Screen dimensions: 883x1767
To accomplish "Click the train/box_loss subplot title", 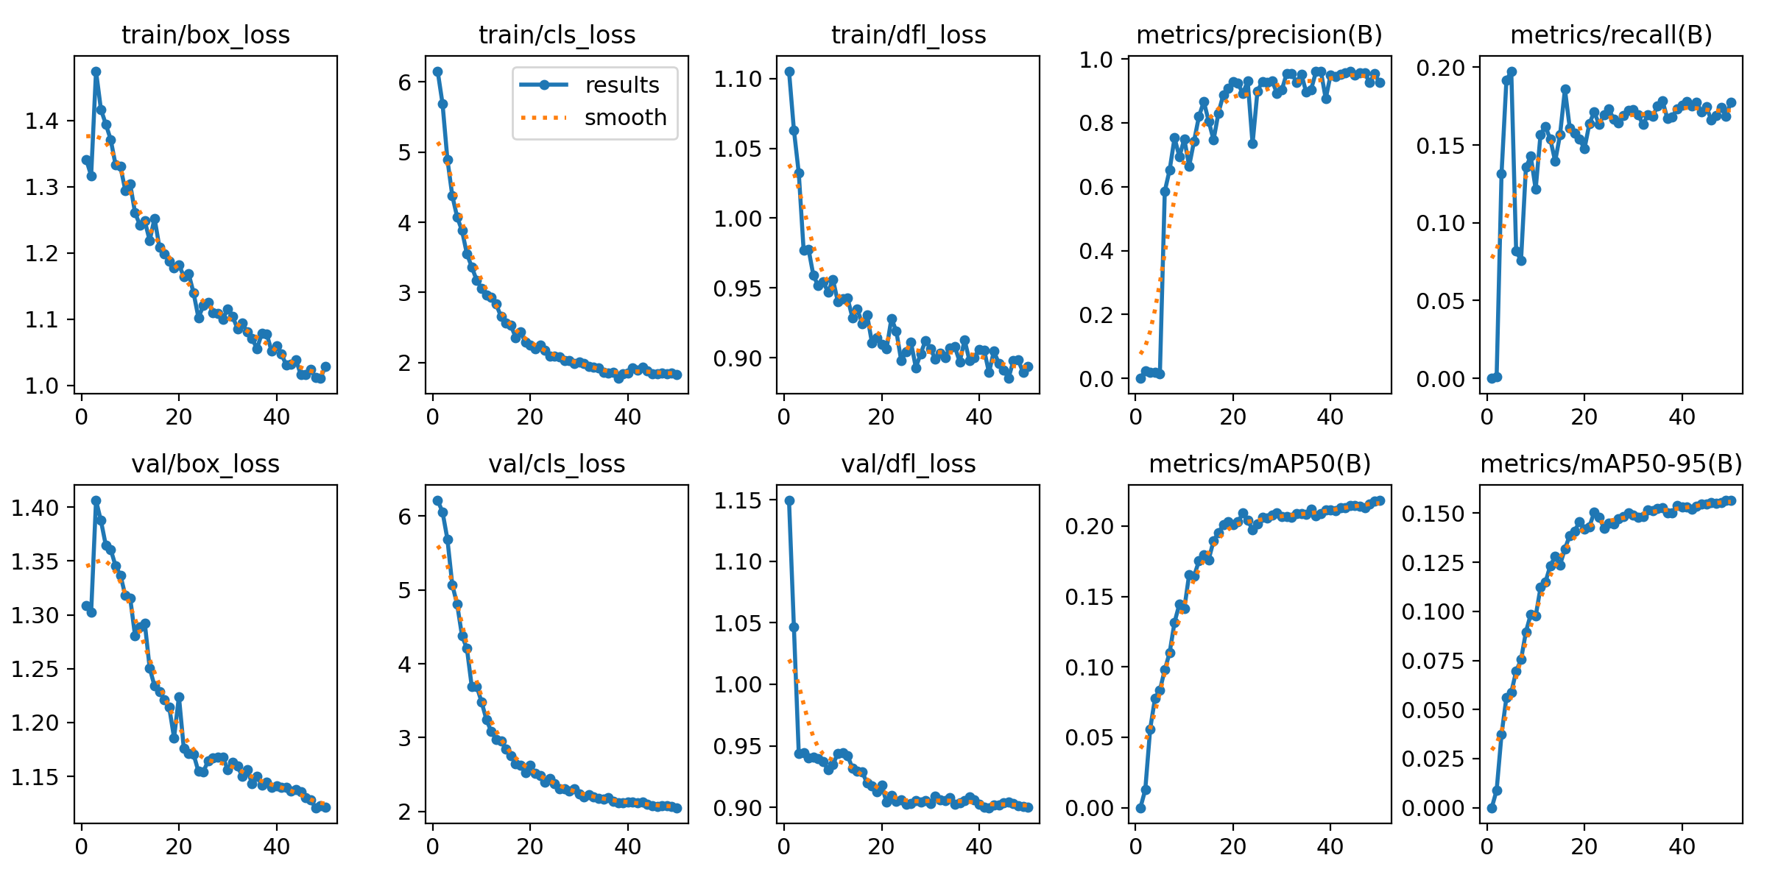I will (205, 35).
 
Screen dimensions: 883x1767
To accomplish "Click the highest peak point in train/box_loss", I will (96, 72).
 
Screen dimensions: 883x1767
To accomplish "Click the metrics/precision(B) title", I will (1259, 35).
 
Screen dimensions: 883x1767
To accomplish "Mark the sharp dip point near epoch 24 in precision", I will (1252, 143).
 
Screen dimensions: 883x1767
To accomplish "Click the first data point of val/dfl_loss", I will (789, 500).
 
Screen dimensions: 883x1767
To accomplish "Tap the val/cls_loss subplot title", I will (557, 464).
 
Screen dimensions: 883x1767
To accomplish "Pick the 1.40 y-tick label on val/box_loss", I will (35, 507).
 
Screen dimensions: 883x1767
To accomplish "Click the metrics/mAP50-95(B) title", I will (1611, 464).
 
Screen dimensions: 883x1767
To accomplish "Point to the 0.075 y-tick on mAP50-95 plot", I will (1432, 661).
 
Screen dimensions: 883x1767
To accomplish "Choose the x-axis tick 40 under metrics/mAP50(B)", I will (1330, 847).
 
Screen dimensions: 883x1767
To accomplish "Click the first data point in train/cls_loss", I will (437, 72).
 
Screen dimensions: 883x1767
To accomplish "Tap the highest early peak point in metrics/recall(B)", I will (1512, 72).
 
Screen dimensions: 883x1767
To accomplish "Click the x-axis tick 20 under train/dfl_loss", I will (881, 417).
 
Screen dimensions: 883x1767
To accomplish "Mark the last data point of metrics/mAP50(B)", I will (1380, 500).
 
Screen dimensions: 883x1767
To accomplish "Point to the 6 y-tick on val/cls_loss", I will (405, 516).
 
